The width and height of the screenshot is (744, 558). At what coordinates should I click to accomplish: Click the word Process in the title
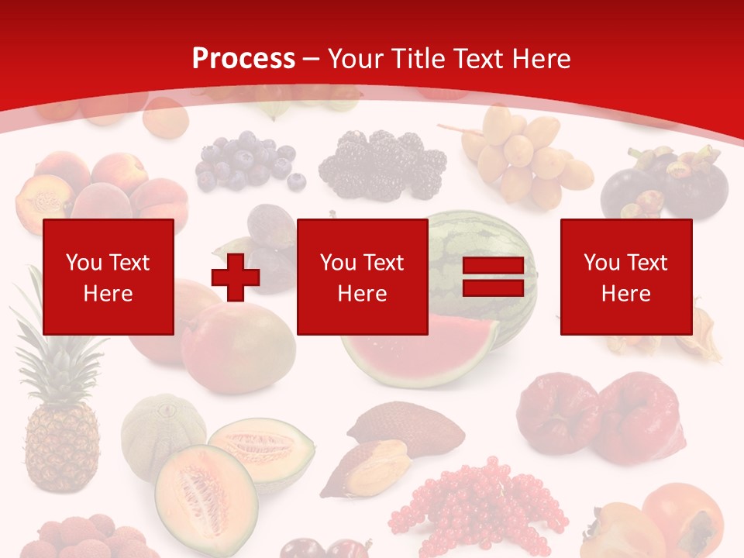coord(243,58)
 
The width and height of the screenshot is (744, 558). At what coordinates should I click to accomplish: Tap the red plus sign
coord(236,277)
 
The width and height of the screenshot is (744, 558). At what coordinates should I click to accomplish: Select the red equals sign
coord(493,277)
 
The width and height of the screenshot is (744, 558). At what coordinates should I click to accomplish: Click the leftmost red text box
coord(108,277)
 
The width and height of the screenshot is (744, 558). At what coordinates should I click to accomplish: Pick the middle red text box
coord(362,277)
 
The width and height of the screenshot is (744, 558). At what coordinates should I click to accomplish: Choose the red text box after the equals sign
coord(625,277)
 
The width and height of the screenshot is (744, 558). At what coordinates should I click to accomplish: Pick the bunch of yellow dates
coord(526,155)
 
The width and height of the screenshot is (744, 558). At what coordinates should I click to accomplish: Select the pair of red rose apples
coord(601,418)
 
